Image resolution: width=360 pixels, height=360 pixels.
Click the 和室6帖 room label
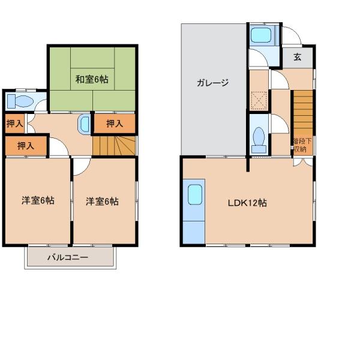click(x=92, y=79)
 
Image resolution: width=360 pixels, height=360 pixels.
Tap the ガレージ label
click(x=212, y=83)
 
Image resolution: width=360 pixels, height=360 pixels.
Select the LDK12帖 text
click(x=247, y=203)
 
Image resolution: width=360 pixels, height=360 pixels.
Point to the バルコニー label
click(x=68, y=258)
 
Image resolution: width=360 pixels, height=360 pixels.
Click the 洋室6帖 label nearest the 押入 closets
click(x=38, y=201)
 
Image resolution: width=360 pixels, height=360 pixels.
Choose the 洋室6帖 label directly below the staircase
click(x=102, y=201)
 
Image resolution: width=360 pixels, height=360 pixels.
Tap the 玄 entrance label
click(x=298, y=58)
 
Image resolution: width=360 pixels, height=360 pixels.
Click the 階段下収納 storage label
click(x=299, y=145)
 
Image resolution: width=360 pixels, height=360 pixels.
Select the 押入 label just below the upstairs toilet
click(x=14, y=124)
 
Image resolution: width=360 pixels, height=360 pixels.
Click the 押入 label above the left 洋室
click(x=25, y=145)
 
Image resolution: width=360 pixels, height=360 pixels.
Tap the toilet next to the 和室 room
click(x=24, y=101)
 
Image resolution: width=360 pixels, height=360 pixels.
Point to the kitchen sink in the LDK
click(x=195, y=196)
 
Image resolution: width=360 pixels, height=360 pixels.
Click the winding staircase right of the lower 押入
click(x=114, y=145)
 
